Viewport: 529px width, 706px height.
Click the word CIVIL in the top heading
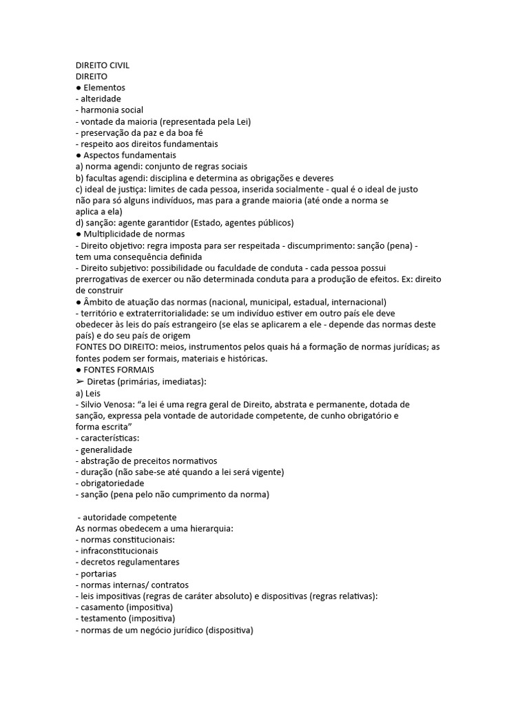[118, 65]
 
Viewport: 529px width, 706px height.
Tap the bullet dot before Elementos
[79, 88]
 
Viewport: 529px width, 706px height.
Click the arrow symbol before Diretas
[79, 381]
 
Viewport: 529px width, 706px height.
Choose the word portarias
[98, 574]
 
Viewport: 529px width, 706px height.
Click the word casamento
[103, 607]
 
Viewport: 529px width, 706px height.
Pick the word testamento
[104, 618]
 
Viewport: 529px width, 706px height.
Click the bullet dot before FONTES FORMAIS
[79, 370]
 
